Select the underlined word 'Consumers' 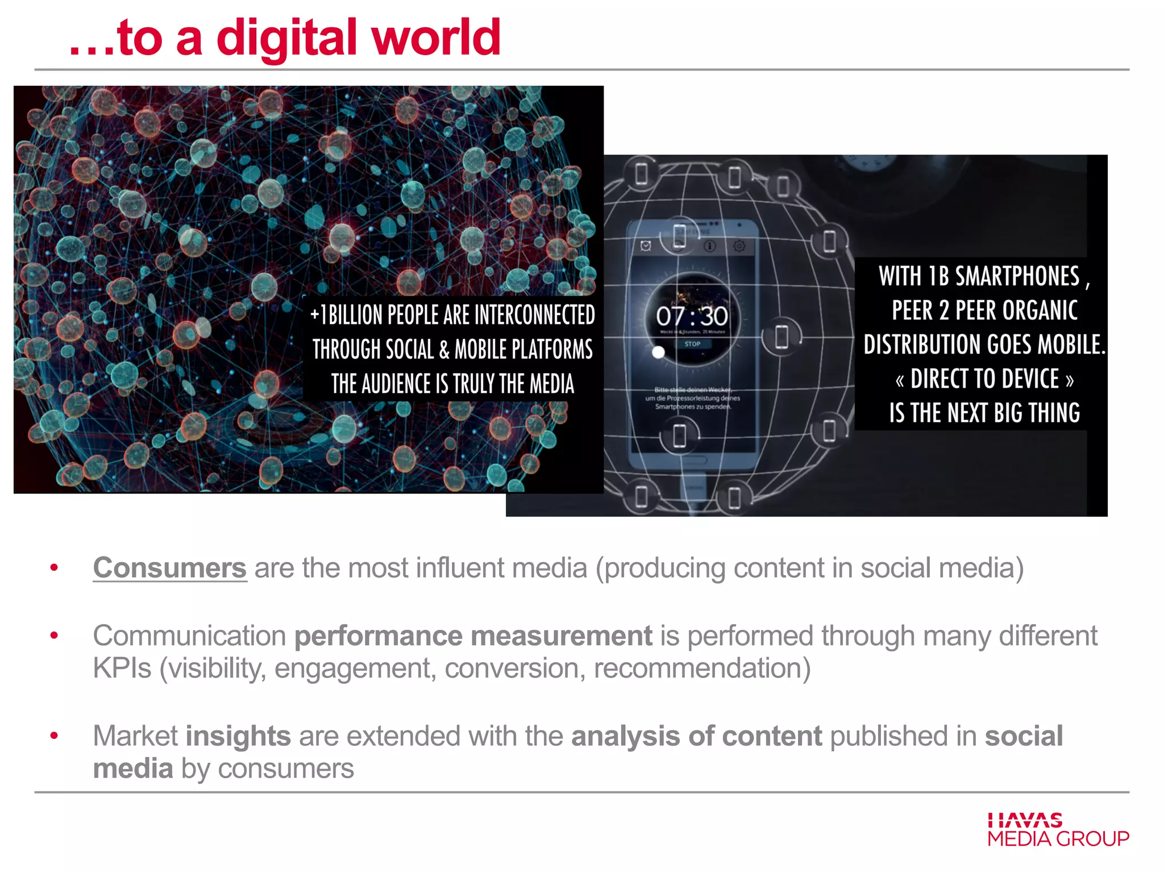(x=170, y=568)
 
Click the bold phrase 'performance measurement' (x=473, y=635)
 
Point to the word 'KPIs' (x=122, y=668)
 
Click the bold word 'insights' (x=238, y=736)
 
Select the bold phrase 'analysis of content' (x=696, y=736)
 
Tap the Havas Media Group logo (x=1058, y=830)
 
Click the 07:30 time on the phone (x=692, y=316)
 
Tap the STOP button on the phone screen (x=692, y=344)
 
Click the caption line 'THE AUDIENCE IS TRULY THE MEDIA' (x=452, y=384)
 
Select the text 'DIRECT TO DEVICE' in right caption (x=984, y=379)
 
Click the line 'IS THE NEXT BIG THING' (x=984, y=413)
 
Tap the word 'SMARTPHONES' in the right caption (x=1017, y=277)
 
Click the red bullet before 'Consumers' (x=54, y=567)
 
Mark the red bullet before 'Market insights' (x=54, y=735)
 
